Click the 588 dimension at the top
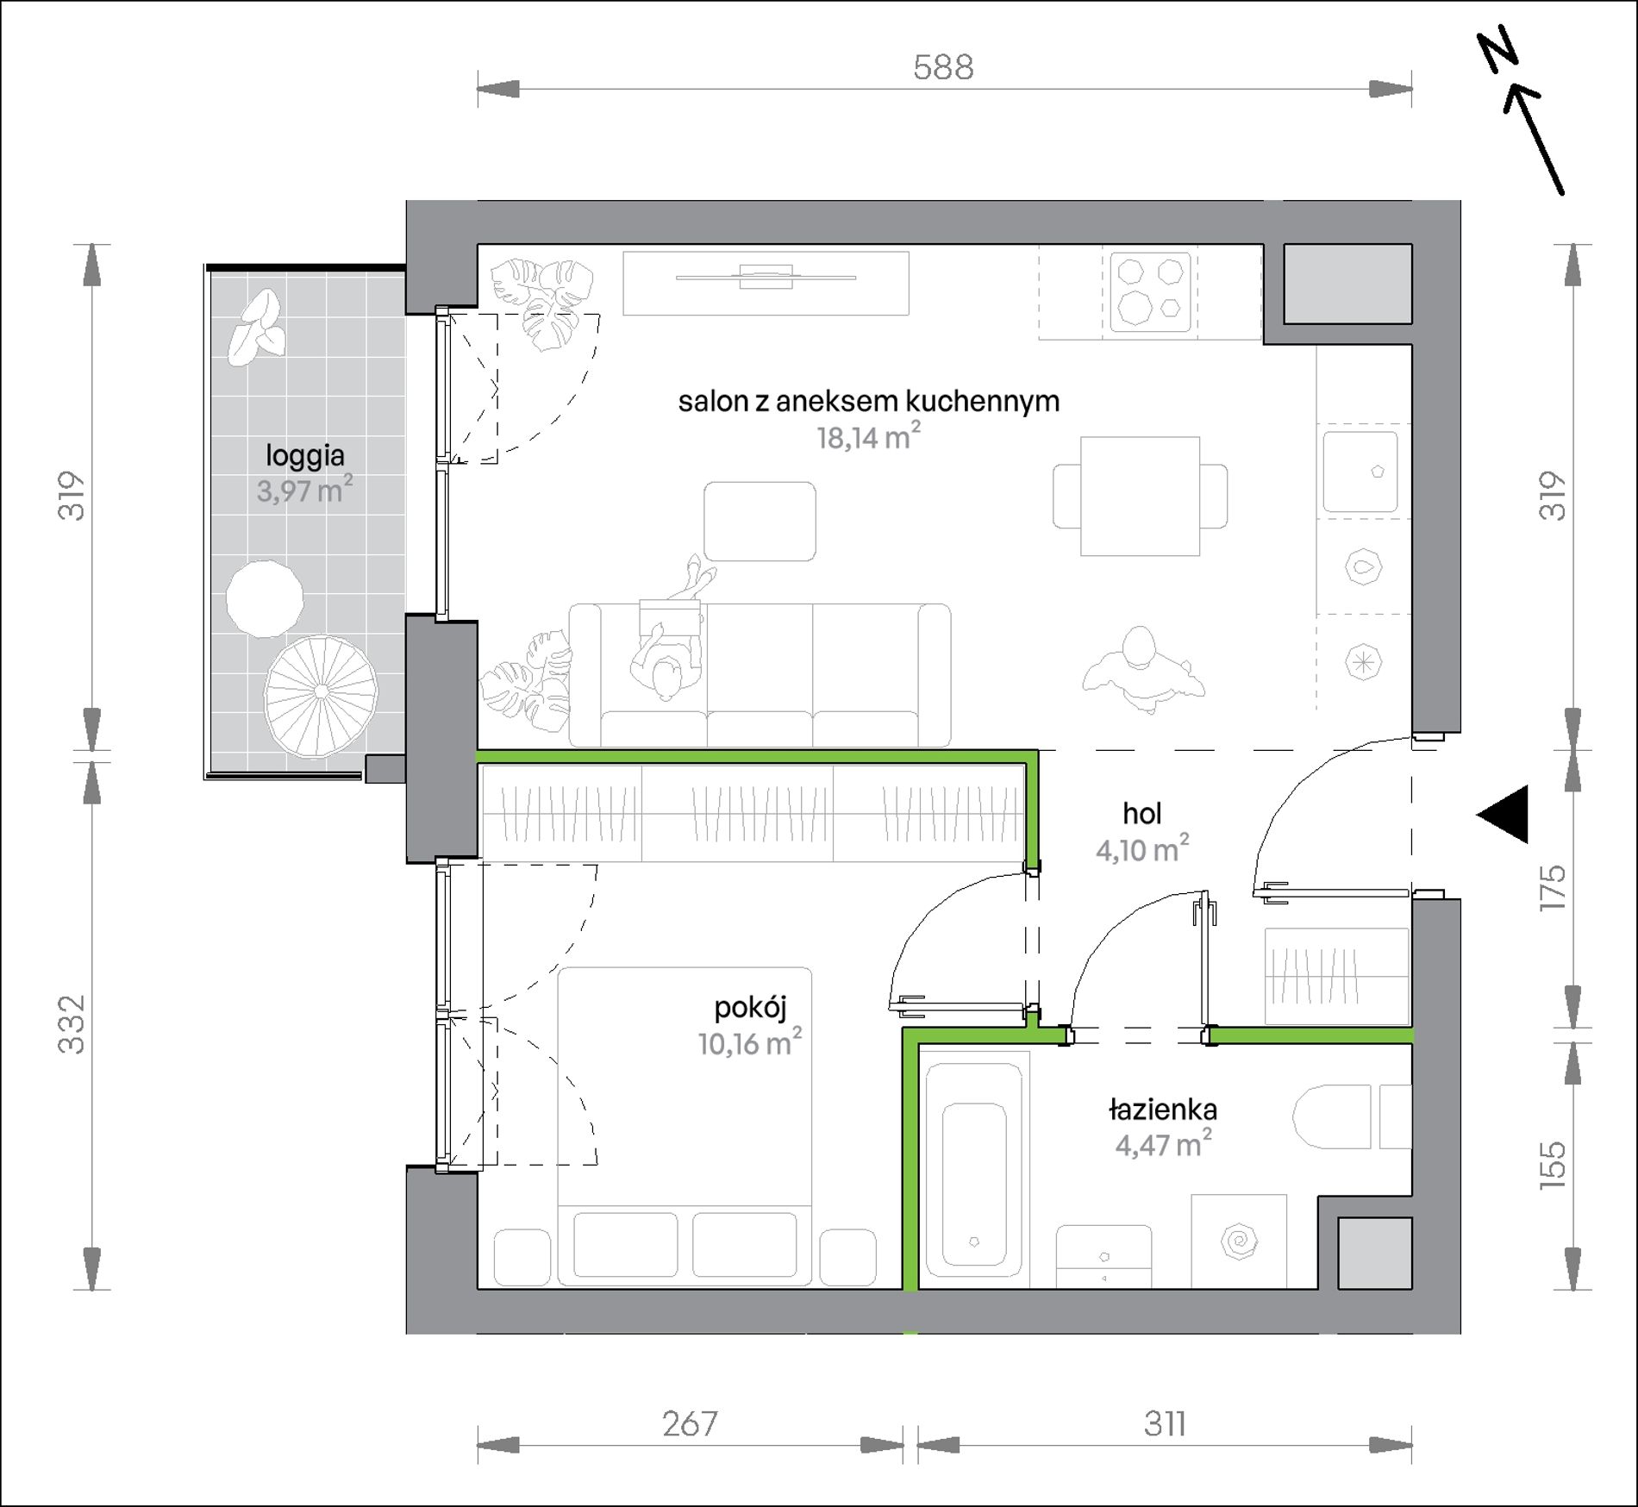pyautogui.click(x=943, y=67)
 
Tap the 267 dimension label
pyautogui.click(x=690, y=1424)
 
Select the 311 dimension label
pyautogui.click(x=1165, y=1424)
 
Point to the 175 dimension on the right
pyautogui.click(x=1553, y=888)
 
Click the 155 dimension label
pyautogui.click(x=1553, y=1166)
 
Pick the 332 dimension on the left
pyautogui.click(x=72, y=1024)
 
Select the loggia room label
pyautogui.click(x=305, y=455)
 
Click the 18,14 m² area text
pyautogui.click(x=869, y=436)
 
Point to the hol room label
pyautogui.click(x=1142, y=813)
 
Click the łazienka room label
pyautogui.click(x=1163, y=1110)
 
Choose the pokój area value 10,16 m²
pyautogui.click(x=750, y=1042)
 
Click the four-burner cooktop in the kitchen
pyautogui.click(x=1151, y=292)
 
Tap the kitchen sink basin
pyautogui.click(x=1360, y=472)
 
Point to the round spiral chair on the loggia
pyautogui.click(x=321, y=692)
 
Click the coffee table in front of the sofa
pyautogui.click(x=760, y=522)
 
